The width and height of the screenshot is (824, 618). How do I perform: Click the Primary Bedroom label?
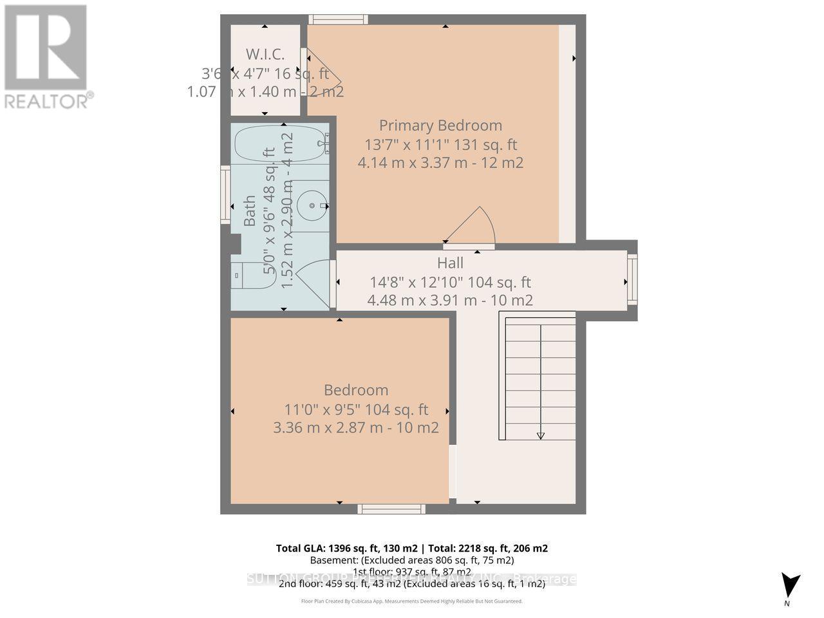[440, 126]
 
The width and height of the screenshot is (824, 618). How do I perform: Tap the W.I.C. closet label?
[265, 54]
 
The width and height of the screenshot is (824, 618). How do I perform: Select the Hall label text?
[450, 263]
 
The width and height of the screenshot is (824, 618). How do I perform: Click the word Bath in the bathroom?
[250, 211]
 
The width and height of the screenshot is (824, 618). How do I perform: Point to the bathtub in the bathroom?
[281, 145]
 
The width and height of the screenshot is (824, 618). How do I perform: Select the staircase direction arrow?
[541, 435]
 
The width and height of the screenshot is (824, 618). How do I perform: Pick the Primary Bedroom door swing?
[473, 227]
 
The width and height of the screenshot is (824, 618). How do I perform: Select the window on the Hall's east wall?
[632, 280]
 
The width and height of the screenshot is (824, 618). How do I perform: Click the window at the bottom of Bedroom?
[391, 509]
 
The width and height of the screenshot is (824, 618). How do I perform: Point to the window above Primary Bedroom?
[338, 19]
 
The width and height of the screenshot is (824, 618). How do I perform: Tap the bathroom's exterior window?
[226, 195]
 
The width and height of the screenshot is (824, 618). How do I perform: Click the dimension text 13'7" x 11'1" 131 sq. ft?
[440, 144]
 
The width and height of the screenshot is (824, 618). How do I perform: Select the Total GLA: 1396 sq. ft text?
[348, 548]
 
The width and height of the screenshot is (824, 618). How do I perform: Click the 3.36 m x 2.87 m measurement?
[356, 427]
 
